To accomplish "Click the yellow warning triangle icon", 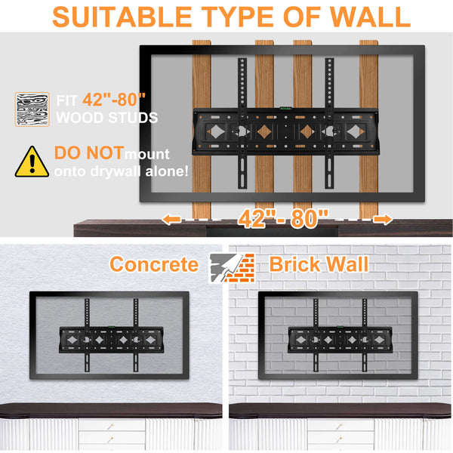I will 32,161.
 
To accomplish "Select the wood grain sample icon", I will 32,109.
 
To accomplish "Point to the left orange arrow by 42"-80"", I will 171,219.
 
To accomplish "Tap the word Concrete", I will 153,264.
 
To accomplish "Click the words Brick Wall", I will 319,264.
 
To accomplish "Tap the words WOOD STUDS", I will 106,118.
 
